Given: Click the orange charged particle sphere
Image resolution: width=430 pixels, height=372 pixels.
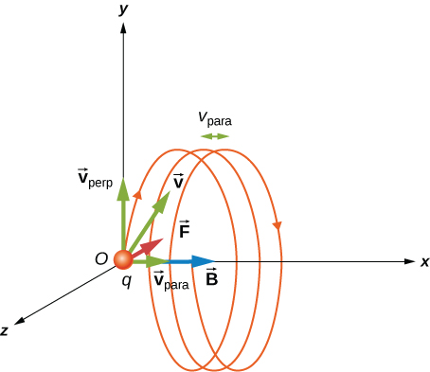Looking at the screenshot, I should click(x=123, y=260).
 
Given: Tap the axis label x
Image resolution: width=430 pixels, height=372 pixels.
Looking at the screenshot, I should click(x=424, y=261).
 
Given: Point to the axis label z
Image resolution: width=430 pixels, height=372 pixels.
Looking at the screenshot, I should click(x=6, y=330).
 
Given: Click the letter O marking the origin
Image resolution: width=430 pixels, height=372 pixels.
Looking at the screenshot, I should click(x=100, y=258).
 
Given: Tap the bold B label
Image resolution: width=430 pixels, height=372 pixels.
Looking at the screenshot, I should click(x=211, y=278).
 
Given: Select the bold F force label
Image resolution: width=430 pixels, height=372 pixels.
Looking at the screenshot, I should click(x=185, y=229).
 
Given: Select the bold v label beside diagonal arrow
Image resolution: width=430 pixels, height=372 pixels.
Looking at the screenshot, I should click(x=178, y=182).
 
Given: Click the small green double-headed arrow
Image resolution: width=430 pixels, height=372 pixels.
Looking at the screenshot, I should click(x=215, y=136).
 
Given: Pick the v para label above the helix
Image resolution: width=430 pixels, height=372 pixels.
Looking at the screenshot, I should click(x=214, y=119).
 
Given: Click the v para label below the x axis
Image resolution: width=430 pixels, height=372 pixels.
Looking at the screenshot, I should click(x=170, y=281).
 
